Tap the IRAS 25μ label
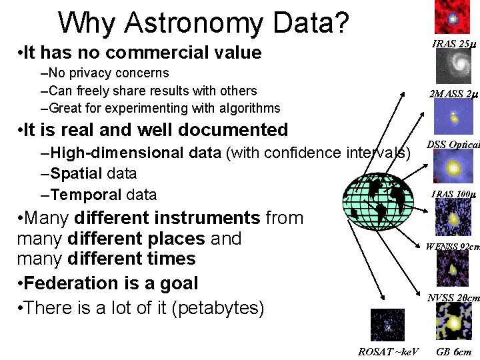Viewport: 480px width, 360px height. [453, 45]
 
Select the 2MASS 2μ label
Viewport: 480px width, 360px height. [453, 94]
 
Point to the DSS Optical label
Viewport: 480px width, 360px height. [453, 144]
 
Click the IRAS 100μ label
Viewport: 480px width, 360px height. [453, 195]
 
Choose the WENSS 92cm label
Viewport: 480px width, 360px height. [453, 247]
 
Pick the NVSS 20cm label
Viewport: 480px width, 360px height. [453, 297]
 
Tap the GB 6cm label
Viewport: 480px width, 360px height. [453, 351]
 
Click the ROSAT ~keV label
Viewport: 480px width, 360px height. [389, 351]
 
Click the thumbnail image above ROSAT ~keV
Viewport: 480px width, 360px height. [387, 326]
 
